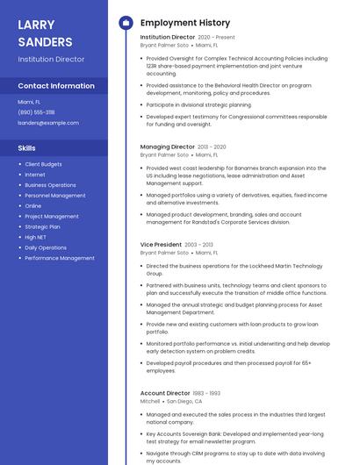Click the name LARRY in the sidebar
(36, 25)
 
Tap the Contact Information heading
(56, 86)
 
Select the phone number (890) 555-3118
(36, 112)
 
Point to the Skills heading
(27, 148)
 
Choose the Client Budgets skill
(43, 164)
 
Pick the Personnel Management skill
(55, 196)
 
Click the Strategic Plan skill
(42, 226)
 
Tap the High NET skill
(36, 237)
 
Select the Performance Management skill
(60, 258)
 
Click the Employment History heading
(185, 23)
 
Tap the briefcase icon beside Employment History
(125, 23)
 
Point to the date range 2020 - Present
(216, 38)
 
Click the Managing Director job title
(168, 147)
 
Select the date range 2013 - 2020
(212, 147)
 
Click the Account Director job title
(165, 393)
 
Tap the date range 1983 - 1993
(206, 393)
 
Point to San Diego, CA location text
(184, 401)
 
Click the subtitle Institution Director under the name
(51, 60)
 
